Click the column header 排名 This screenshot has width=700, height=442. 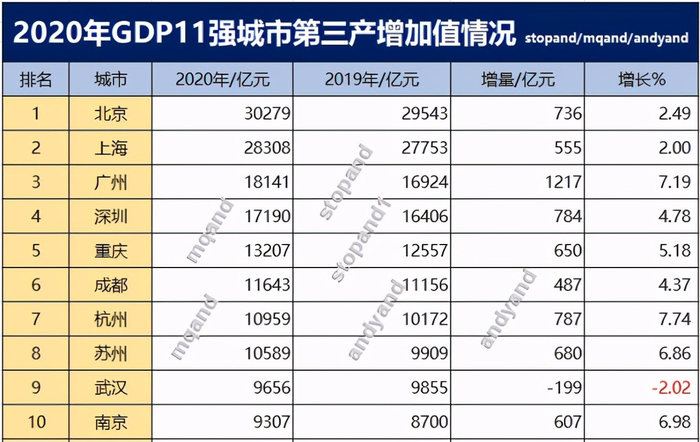[x=36, y=79]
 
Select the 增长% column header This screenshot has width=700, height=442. [x=641, y=79]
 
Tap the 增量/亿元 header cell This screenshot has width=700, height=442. [x=518, y=79]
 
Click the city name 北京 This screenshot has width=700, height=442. [x=111, y=114]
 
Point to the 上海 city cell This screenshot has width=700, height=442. [x=111, y=148]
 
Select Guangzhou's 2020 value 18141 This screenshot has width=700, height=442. [x=267, y=182]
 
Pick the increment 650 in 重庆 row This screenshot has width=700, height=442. [x=568, y=250]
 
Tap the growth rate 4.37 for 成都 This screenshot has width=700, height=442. [x=674, y=284]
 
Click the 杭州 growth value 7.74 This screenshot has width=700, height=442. [x=674, y=319]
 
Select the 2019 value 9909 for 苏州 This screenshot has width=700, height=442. [x=430, y=353]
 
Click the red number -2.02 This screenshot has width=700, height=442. [x=670, y=387]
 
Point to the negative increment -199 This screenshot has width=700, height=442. [x=565, y=387]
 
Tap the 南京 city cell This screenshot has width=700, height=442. [x=111, y=421]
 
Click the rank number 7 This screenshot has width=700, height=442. [x=36, y=319]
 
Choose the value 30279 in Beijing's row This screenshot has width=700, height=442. [x=267, y=114]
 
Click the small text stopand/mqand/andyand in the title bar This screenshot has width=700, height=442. [x=606, y=38]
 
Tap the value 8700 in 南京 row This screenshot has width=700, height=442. [x=430, y=421]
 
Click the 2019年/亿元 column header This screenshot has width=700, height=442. [x=371, y=79]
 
